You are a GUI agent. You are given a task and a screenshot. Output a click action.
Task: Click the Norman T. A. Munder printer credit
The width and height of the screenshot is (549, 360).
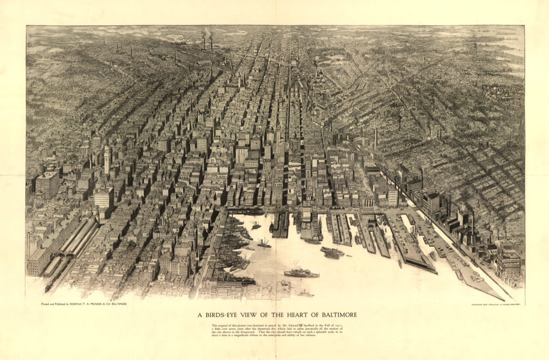(x=84, y=303)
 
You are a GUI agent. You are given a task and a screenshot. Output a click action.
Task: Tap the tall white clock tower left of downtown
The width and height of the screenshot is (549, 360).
(x=107, y=160)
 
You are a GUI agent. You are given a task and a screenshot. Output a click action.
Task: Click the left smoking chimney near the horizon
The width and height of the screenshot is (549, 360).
(x=204, y=42)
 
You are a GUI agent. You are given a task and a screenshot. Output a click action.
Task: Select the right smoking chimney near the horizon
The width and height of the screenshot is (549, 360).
(x=212, y=41)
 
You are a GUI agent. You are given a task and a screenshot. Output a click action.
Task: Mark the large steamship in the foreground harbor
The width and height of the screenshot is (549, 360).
(x=301, y=274)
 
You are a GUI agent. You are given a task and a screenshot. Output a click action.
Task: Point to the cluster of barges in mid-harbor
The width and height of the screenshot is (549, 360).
(x=332, y=252)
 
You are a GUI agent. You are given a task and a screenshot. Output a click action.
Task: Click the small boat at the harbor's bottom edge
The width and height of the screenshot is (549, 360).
(x=306, y=294)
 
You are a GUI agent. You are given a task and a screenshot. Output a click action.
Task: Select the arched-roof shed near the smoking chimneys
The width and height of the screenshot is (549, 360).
(x=203, y=62)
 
